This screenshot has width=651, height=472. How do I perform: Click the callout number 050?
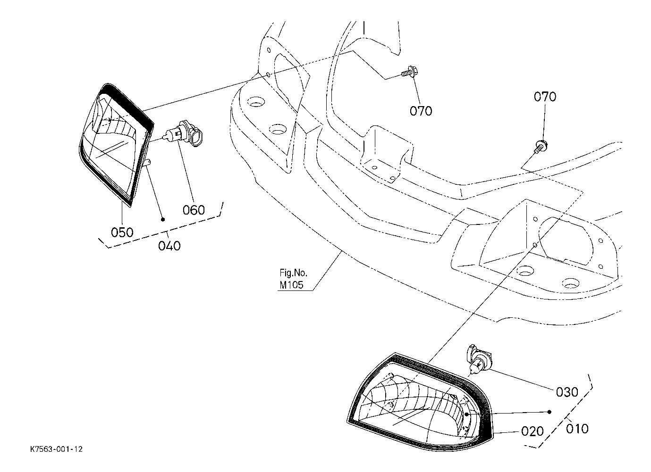122,232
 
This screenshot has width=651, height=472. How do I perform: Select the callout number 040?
169,246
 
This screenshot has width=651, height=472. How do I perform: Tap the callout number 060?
194,209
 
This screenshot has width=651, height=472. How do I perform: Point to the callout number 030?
567,392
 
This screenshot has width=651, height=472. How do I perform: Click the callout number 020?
533,431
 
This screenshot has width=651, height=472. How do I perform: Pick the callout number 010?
577,429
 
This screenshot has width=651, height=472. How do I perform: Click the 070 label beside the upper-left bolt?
421,111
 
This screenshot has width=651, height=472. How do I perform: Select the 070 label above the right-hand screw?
545,97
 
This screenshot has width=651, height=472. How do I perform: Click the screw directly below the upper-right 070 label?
541,147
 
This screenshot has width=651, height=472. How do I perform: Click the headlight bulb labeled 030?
479,361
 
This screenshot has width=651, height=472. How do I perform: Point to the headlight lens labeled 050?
116,145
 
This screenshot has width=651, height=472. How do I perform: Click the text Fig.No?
293,273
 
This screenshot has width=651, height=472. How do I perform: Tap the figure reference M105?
291,285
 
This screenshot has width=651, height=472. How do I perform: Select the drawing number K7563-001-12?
56,449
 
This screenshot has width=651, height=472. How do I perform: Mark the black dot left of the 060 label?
163,219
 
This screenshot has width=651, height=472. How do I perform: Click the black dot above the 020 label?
550,412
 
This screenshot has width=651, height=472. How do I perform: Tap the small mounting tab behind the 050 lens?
148,163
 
